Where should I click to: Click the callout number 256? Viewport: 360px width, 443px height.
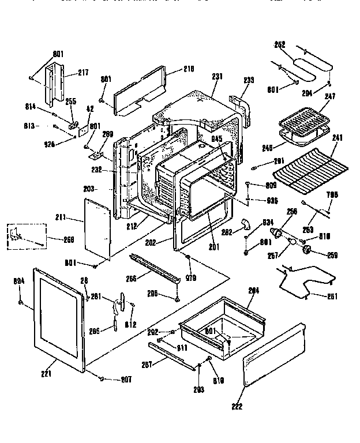[292, 211]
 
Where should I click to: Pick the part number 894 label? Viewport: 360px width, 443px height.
[19, 281]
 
